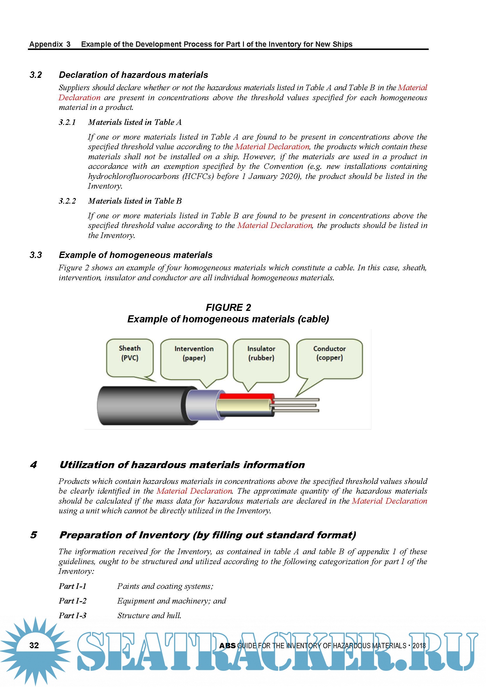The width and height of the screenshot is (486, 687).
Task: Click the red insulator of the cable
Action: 247,396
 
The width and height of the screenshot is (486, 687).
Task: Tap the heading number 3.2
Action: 36,75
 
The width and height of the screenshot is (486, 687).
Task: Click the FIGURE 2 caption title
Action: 228,307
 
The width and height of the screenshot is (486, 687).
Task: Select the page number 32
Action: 34,645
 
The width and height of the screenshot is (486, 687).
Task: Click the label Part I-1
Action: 72,586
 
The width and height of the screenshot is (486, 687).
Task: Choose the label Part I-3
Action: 72,616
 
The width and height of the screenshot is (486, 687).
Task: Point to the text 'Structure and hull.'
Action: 149,616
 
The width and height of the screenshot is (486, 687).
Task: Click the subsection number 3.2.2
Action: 67,201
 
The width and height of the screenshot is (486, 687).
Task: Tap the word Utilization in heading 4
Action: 86,465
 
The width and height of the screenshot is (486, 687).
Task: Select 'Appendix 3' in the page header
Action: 50,44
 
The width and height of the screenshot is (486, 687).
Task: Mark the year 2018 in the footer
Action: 419,646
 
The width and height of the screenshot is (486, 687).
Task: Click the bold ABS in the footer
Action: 227,646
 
